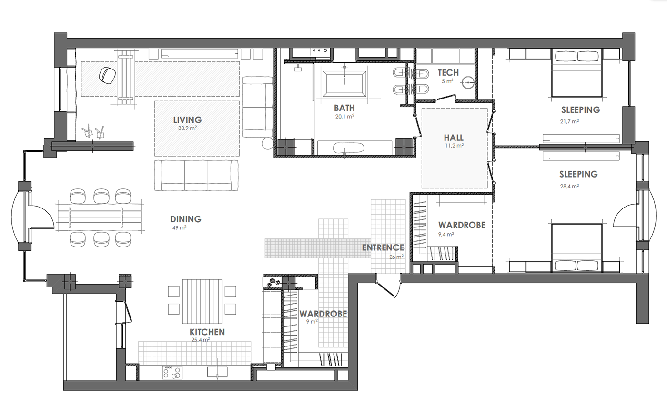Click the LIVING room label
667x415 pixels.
pos(187,120)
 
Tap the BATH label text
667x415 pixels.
pos(344,108)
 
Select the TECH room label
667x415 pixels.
pos(448,73)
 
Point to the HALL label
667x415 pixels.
pos(454,138)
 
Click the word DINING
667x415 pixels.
pos(185,219)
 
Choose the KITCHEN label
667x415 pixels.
pos(207,332)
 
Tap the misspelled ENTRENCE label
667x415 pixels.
pos(383,247)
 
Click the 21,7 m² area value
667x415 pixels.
pos(569,121)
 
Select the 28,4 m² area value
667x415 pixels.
pos(569,186)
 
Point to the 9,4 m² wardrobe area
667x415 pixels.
pos(446,235)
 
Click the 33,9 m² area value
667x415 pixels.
pos(187,128)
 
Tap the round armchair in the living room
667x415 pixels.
pos(107,76)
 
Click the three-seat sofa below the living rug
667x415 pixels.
pos(196,175)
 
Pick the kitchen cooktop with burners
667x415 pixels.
pos(172,373)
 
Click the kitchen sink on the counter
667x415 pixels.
pos(217,372)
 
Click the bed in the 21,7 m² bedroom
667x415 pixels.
pos(576,73)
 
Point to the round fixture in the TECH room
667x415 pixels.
pos(468,82)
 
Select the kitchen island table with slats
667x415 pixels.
pos(202,301)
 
